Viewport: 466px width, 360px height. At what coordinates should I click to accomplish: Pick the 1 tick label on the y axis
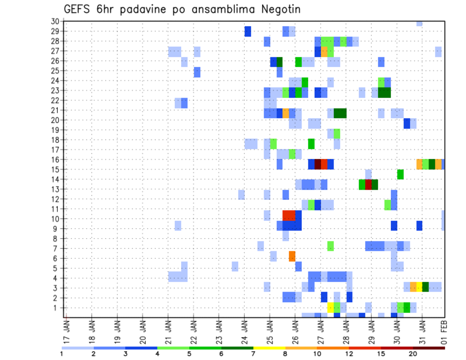click(57, 308)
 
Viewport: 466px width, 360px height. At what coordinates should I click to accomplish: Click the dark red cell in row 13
click(368, 184)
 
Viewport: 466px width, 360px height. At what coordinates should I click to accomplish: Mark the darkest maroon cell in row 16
click(318, 164)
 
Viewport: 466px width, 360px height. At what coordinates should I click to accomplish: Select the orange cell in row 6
click(292, 256)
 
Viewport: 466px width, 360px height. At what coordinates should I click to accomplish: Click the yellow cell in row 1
click(331, 308)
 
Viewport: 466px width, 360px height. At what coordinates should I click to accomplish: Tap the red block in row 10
click(289, 214)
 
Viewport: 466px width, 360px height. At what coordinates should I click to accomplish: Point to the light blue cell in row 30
click(419, 23)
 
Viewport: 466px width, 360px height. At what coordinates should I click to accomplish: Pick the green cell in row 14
click(400, 174)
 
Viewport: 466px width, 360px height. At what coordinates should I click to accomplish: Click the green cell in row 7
click(331, 246)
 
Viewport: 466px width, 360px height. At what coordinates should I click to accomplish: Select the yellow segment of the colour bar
click(269, 348)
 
